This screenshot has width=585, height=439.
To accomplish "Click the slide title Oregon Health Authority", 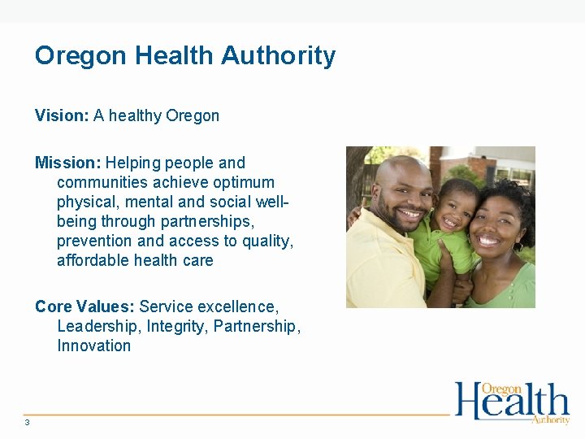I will (x=184, y=56).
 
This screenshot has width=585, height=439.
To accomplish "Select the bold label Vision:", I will (x=62, y=115).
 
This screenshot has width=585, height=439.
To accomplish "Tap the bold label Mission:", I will (x=67, y=163).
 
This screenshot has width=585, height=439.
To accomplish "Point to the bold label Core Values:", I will (x=84, y=306).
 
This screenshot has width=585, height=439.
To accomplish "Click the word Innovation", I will (x=93, y=346).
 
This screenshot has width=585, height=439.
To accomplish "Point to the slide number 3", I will (x=27, y=422).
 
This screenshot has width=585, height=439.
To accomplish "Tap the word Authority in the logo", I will (x=550, y=419).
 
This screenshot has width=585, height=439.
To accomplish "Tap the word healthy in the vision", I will (x=135, y=115).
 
